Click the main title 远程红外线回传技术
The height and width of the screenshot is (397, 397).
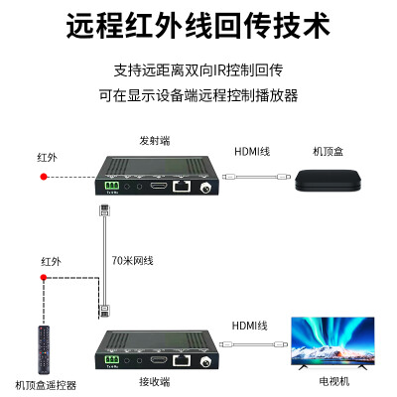[x=198, y=26]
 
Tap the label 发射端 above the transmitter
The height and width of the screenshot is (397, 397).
[x=155, y=141]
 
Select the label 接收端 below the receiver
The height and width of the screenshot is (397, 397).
[x=155, y=382]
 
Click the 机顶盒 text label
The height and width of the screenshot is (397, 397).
[x=328, y=152]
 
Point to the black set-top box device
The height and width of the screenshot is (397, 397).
[x=328, y=181]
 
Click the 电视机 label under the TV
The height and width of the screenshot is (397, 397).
[x=334, y=381]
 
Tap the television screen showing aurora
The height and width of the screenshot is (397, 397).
[x=332, y=341]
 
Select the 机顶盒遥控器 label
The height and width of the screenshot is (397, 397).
[x=46, y=385]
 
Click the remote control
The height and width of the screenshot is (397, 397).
[x=44, y=349]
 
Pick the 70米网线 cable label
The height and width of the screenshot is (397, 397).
[x=132, y=261]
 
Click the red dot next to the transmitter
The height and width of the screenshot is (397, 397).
[x=44, y=177]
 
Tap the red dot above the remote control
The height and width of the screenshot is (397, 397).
[x=44, y=277]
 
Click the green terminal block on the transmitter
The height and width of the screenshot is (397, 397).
[x=112, y=186]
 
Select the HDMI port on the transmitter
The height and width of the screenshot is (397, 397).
[x=159, y=186]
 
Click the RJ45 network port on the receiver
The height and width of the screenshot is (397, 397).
[x=182, y=360]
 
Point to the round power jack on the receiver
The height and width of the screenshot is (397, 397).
[x=206, y=361]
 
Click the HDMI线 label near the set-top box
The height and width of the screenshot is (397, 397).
[x=252, y=152]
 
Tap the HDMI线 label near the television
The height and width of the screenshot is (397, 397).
[x=249, y=326]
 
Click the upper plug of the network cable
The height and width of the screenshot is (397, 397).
[x=104, y=210]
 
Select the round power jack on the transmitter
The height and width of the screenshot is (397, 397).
[x=206, y=189]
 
